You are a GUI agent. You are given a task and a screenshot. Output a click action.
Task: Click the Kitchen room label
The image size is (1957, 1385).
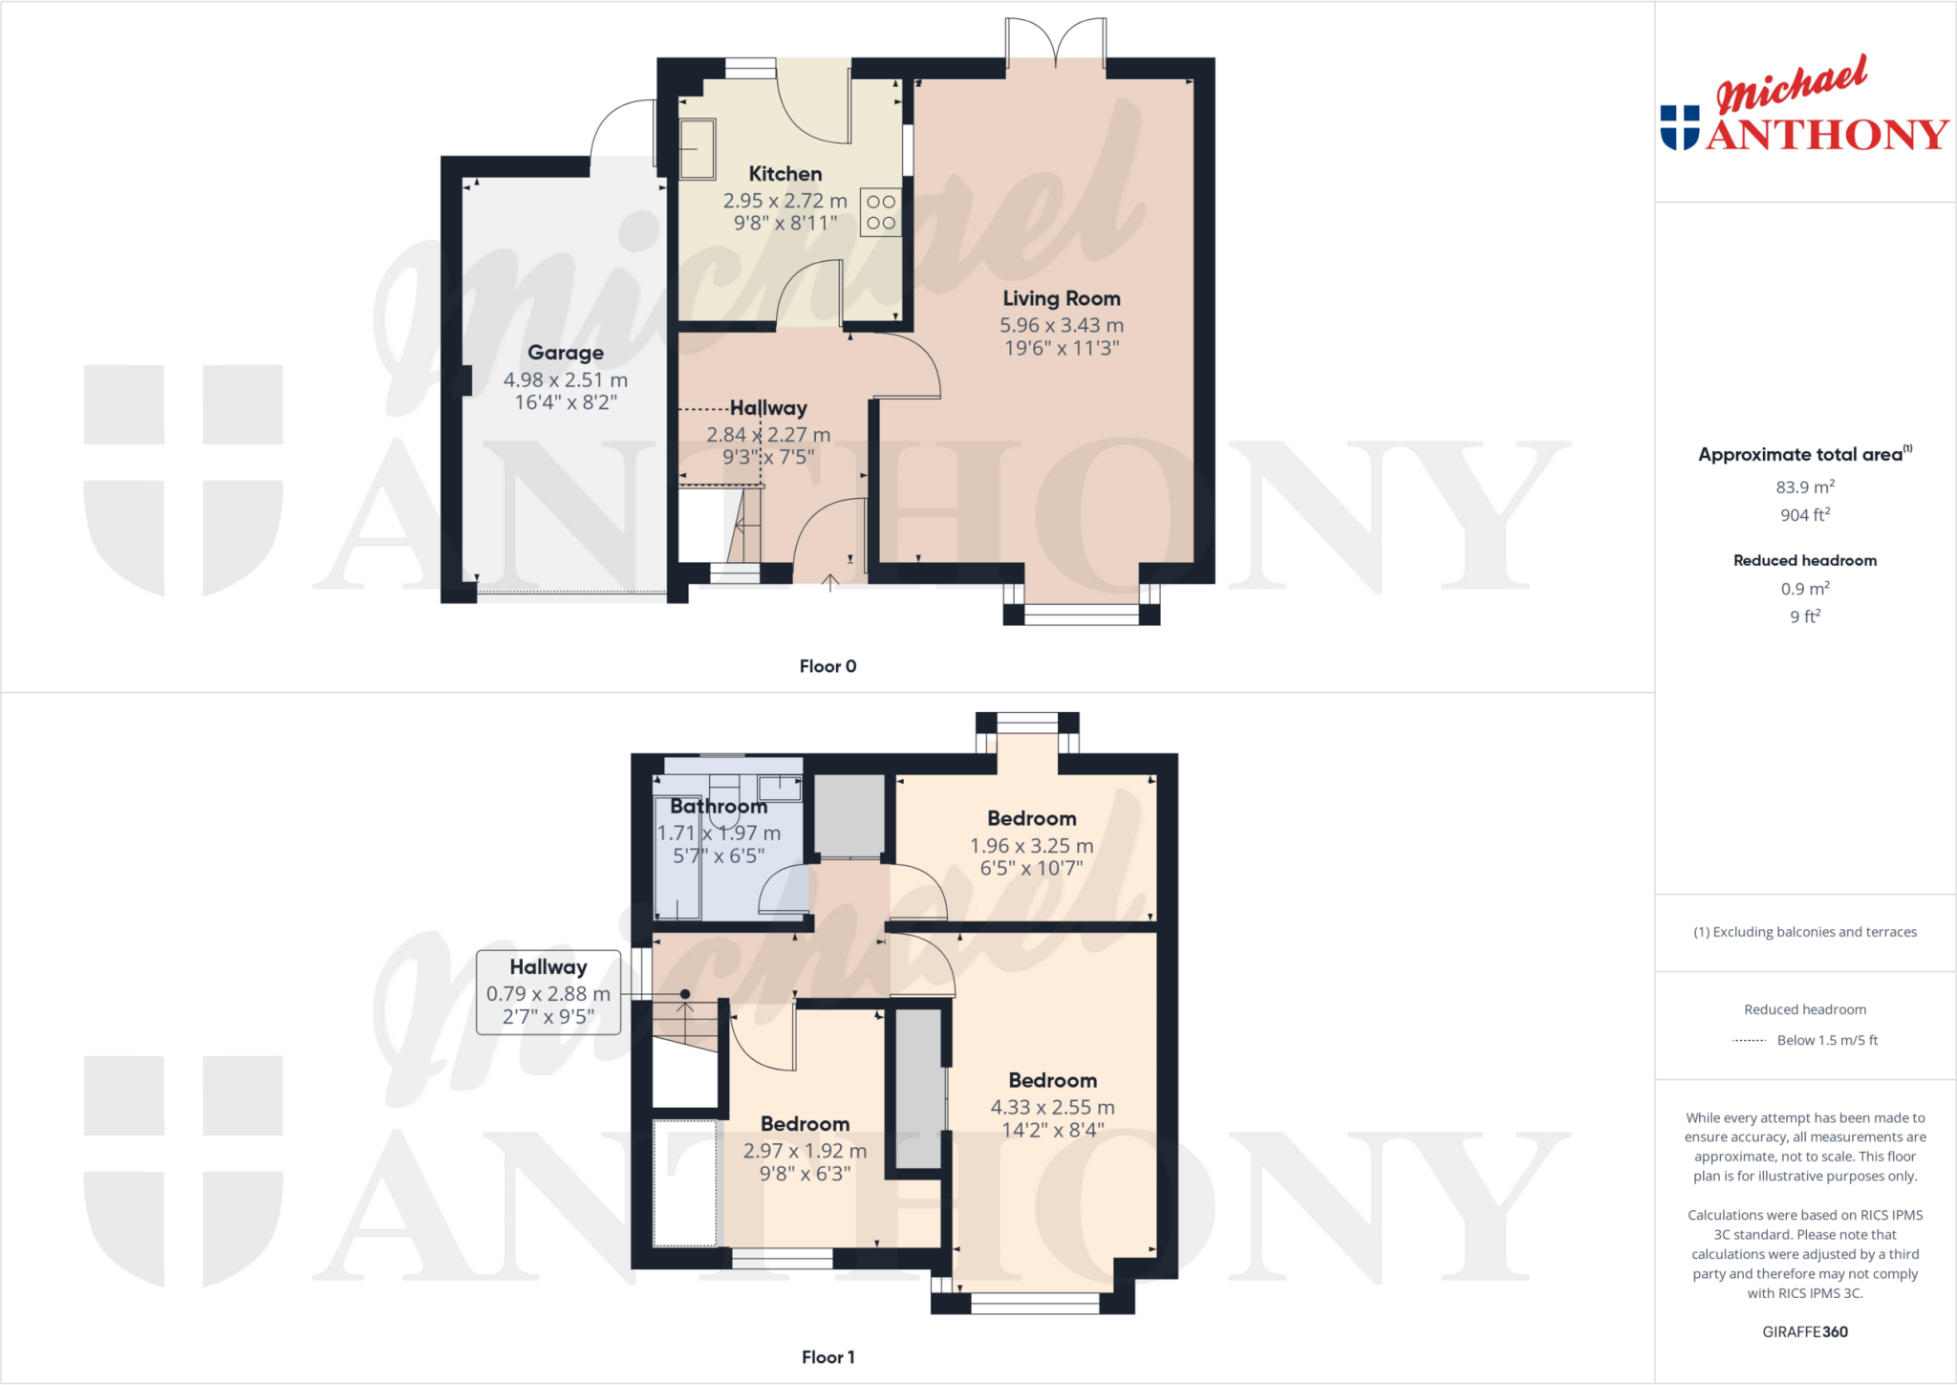[x=785, y=174]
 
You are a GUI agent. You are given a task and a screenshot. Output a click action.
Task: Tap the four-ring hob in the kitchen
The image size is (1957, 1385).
[x=880, y=212]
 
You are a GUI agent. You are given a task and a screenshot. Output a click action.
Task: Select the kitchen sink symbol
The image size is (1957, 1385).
[x=697, y=148]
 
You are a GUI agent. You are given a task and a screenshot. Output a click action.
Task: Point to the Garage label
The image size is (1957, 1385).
[x=566, y=353]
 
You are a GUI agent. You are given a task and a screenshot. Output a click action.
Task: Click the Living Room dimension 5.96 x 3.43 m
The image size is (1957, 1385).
[x=1061, y=325]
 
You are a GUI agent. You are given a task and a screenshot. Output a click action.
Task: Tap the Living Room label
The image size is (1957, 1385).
[x=1061, y=298]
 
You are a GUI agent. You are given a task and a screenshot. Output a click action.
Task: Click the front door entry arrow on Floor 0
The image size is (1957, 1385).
[x=829, y=580]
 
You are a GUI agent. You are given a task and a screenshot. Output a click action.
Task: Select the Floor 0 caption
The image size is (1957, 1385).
[x=828, y=666]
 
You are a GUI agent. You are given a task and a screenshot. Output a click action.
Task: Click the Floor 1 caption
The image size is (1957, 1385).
[x=828, y=1357]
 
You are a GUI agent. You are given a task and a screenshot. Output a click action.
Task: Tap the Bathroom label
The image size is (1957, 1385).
[x=719, y=806]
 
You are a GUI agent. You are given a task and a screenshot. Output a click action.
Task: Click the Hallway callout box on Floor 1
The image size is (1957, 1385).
[x=548, y=992]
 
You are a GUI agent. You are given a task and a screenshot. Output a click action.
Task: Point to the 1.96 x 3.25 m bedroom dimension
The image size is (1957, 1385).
[x=1031, y=845]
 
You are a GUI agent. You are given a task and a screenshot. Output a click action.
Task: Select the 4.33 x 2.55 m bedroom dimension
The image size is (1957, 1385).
[x=1052, y=1107]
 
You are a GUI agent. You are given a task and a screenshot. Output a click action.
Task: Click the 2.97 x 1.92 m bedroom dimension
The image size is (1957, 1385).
[x=805, y=1151]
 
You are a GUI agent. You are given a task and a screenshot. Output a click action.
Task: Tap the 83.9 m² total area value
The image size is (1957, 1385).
[x=1804, y=487]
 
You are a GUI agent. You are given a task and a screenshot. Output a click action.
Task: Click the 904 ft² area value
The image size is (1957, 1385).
[x=1804, y=514]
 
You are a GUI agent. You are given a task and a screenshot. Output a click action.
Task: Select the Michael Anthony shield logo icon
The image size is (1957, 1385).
[x=1679, y=128]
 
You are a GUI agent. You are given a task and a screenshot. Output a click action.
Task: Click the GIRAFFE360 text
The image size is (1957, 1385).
[x=1804, y=1331]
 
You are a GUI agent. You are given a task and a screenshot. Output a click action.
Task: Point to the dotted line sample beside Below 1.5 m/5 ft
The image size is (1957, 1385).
[x=1749, y=1040]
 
